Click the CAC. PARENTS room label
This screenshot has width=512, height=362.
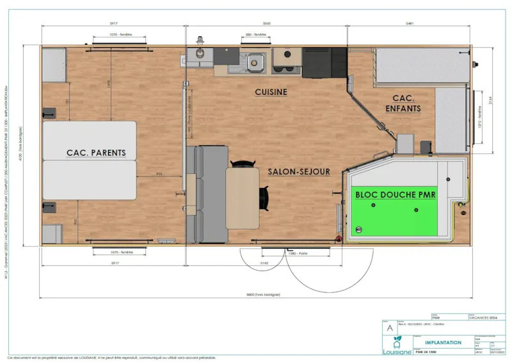click(96, 153)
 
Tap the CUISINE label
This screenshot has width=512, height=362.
click(271, 92)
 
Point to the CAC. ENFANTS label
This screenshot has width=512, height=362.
click(403, 104)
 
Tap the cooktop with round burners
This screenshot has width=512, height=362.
click(282, 61)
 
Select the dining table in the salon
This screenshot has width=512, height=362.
click(242, 198)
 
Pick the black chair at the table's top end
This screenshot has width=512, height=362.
click(241, 164)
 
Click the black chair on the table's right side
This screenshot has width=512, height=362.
click(263, 198)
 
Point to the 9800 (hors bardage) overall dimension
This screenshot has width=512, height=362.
click(255, 295)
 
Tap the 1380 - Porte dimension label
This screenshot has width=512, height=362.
click(296, 254)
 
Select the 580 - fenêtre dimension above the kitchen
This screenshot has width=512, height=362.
click(255, 34)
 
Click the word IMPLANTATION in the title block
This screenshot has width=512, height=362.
click(444, 342)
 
